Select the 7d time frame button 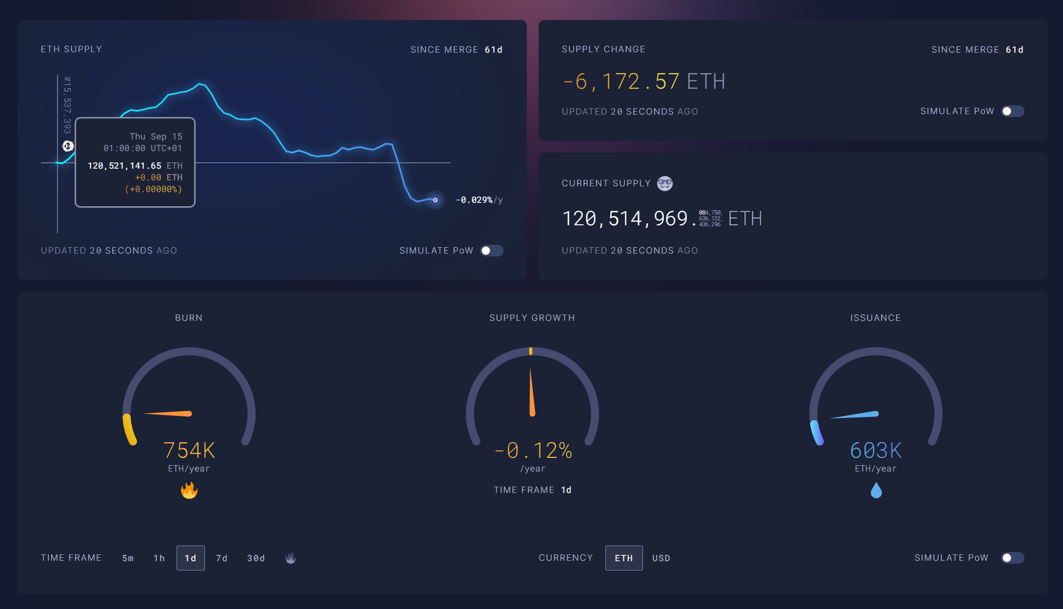221,558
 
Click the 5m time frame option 128,558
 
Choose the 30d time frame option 256,558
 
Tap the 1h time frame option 159,558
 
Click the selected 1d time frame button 190,558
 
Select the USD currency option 661,558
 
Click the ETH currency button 623,558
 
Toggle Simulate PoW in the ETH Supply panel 491,251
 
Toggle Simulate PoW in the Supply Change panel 1012,111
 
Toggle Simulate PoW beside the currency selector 1012,558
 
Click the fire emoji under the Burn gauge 189,490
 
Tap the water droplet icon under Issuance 876,490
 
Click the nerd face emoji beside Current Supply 664,183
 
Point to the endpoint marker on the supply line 435,200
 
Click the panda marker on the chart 68,146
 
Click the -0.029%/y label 479,200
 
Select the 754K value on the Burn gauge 189,450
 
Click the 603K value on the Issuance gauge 876,450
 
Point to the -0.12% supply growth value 533,450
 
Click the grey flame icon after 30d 291,558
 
